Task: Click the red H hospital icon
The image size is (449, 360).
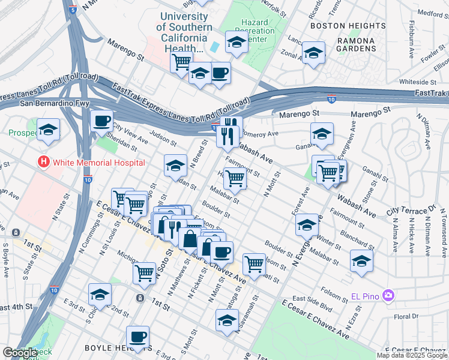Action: click(43, 162)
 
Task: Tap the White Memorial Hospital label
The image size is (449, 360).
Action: click(98, 163)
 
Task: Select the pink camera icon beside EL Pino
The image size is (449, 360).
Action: click(388, 295)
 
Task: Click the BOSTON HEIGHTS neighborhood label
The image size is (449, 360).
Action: click(348, 26)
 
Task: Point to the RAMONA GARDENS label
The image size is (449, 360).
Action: click(355, 44)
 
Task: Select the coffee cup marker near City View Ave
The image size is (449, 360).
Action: click(101, 121)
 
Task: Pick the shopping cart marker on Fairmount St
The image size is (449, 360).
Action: click(235, 178)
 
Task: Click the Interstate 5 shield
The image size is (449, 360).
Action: click(73, 10)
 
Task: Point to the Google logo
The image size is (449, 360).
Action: click(20, 353)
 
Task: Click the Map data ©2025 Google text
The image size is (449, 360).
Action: click(412, 355)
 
